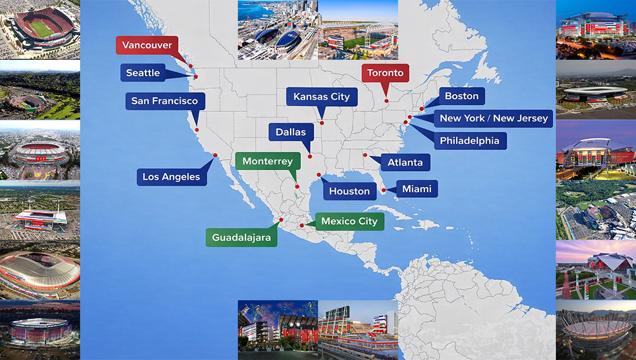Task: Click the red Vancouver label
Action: [147, 45]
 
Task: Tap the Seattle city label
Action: [143, 73]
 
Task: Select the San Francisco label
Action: [165, 100]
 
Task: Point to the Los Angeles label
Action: [171, 177]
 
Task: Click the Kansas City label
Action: [322, 97]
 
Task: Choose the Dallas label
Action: [291, 132]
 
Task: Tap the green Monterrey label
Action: [267, 162]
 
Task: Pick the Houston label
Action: [349, 191]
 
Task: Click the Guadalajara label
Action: [242, 238]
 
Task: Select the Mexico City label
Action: [349, 221]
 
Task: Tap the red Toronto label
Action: [386, 73]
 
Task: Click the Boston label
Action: [462, 96]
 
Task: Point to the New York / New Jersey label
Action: [494, 118]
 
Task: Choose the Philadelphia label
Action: [470, 141]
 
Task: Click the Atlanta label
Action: [405, 162]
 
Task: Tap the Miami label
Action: [417, 189]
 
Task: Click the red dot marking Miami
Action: [384, 190]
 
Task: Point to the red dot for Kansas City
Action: [322, 123]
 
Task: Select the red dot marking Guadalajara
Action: [280, 220]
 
